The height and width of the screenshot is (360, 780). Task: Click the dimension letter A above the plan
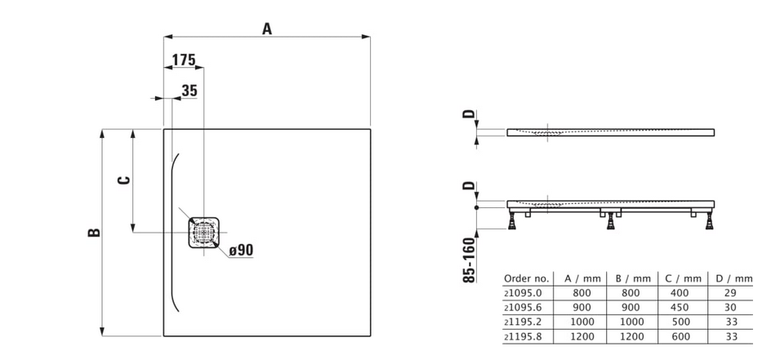click(267, 29)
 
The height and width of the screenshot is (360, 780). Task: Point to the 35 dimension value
click(189, 91)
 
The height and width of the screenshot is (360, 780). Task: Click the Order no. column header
click(527, 278)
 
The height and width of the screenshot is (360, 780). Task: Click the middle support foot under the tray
click(609, 220)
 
